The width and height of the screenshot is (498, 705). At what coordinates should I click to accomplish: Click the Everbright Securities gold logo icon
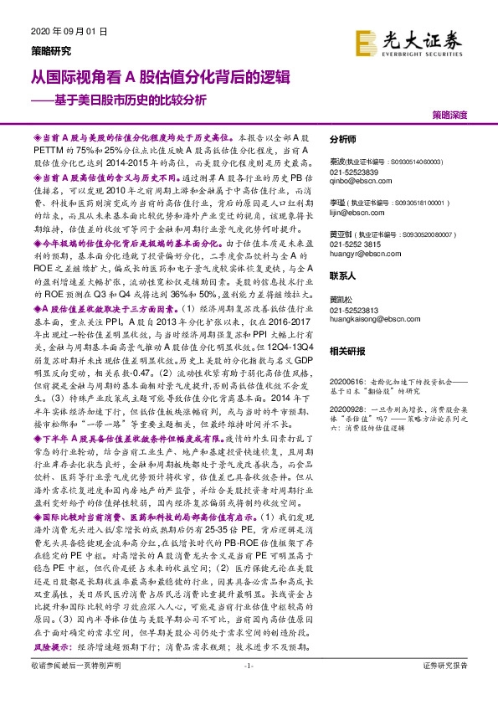(366, 41)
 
